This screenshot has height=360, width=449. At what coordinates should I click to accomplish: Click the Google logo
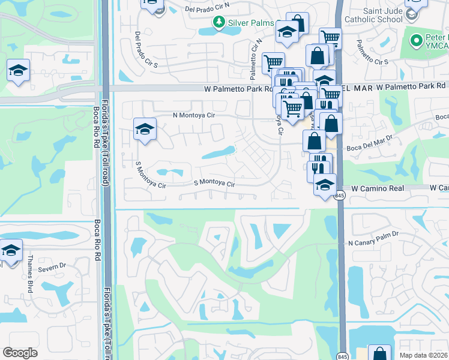coord(20,353)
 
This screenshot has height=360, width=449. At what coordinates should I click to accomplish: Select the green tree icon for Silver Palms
coord(219,22)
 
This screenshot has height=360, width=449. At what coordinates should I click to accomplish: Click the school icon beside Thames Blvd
coord(11,249)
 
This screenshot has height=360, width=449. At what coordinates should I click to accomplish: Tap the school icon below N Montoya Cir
coord(145,128)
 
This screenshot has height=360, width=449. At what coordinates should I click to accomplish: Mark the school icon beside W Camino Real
coord(325,184)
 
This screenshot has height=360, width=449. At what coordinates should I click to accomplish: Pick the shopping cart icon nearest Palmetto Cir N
coord(273,62)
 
